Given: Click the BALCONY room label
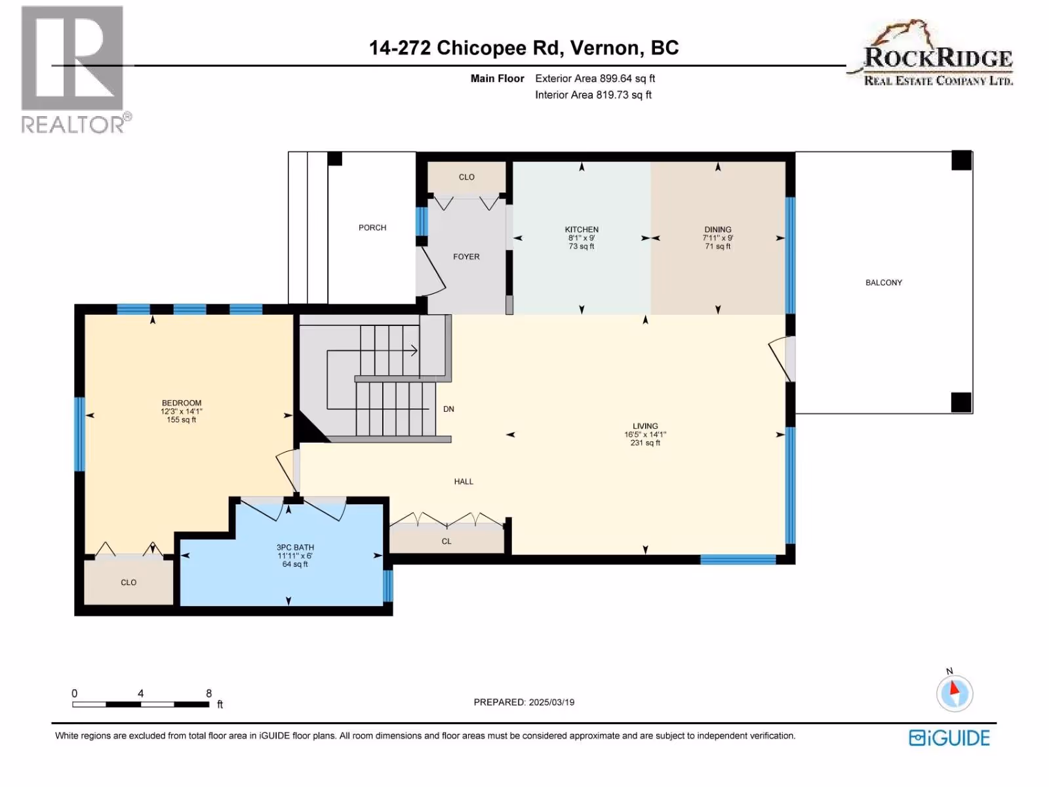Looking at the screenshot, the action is tap(884, 283).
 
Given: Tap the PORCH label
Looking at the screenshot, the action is tap(372, 228).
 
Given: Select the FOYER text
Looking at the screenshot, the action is tap(466, 257).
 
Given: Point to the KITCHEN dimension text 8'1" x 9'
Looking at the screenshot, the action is tap(581, 238).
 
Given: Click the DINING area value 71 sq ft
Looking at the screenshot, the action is tap(718, 247).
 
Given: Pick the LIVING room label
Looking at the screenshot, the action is tap(645, 426).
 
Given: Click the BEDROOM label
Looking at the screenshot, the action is tap(182, 403).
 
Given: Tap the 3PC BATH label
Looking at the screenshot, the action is tap(295, 548).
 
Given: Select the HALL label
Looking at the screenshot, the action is tap(464, 481).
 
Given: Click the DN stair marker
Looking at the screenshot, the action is tap(448, 409).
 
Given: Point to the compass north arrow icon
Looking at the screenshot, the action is tap(955, 693).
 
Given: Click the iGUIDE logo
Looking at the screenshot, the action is tap(949, 738).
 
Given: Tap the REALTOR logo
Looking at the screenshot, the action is tap(75, 70).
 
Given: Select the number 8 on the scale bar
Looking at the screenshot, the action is tap(209, 693).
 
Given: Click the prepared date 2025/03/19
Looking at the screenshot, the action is tap(551, 702).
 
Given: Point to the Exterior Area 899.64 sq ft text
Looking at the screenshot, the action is tap(595, 79).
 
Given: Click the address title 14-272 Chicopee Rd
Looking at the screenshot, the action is tap(464, 48).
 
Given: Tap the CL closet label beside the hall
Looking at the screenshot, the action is tap(446, 542).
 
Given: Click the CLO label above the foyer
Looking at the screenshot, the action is tap(466, 177).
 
